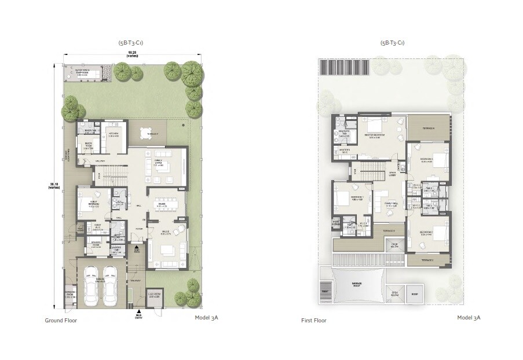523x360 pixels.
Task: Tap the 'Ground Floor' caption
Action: tap(61, 320)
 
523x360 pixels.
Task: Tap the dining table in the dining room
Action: tap(163, 203)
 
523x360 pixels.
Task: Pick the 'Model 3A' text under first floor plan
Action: tap(469, 318)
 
